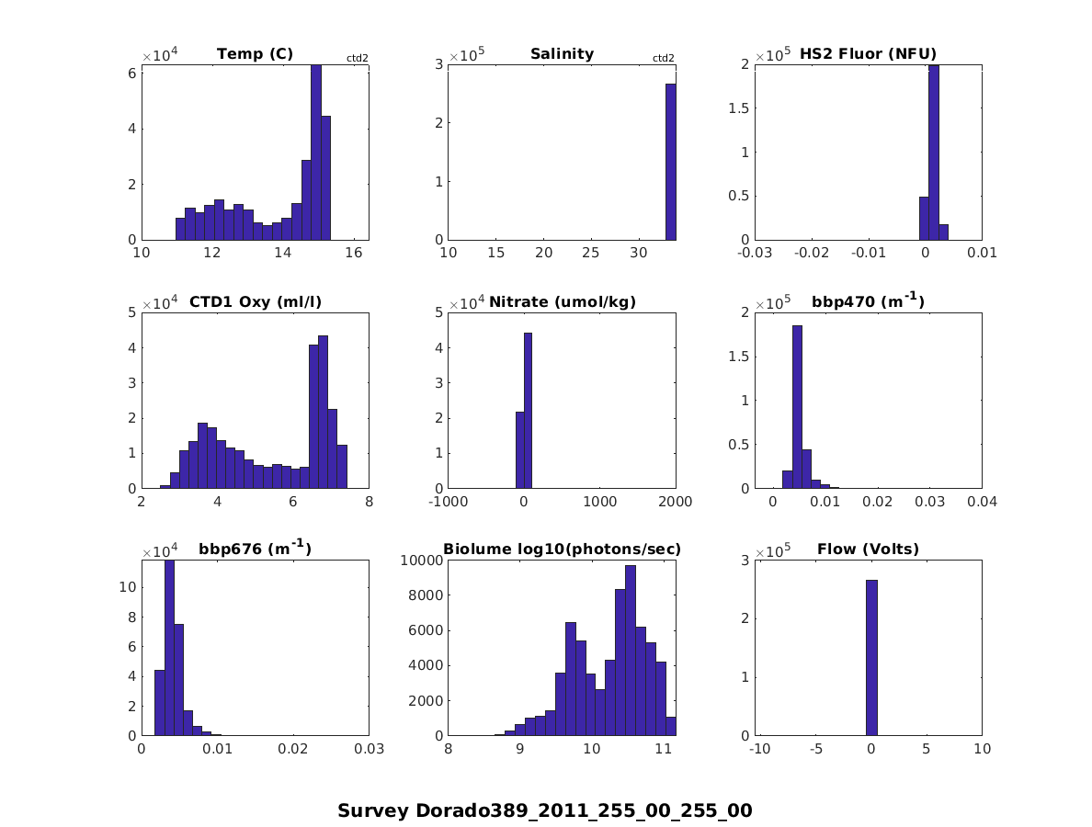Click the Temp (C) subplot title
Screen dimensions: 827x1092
pyautogui.click(x=255, y=53)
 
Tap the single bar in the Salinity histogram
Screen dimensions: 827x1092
pyautogui.click(x=670, y=162)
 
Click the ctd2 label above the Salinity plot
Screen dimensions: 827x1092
pyautogui.click(x=663, y=58)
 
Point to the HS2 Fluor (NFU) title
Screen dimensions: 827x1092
pyautogui.click(x=868, y=53)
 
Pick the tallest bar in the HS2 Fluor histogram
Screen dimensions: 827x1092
pyautogui.click(x=933, y=152)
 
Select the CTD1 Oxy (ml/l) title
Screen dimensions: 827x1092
pyautogui.click(x=255, y=301)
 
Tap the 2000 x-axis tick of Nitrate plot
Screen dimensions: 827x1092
pyautogui.click(x=674, y=502)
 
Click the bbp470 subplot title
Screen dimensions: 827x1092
pyautogui.click(x=868, y=300)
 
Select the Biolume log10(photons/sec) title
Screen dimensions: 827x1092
pyautogui.click(x=562, y=549)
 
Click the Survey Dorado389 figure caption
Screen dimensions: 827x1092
pyautogui.click(x=545, y=810)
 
